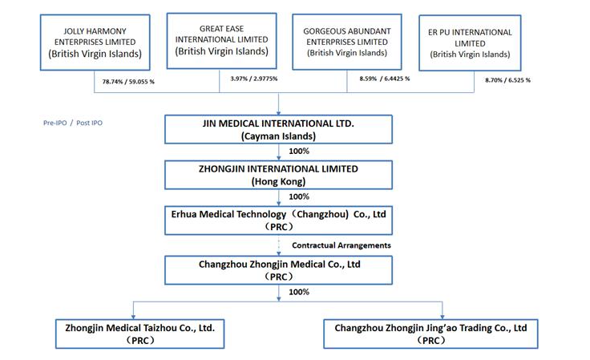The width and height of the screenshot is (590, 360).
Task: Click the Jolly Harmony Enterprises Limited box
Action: click(x=95, y=42)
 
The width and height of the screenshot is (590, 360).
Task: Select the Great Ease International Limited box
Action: click(x=221, y=41)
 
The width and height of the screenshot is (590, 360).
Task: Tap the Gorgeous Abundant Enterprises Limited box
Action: click(x=347, y=42)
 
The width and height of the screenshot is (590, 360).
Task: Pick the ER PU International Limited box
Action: click(x=470, y=42)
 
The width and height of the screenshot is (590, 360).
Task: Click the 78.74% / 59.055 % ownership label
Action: click(x=128, y=82)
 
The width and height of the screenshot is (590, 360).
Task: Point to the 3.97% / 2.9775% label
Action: click(x=254, y=79)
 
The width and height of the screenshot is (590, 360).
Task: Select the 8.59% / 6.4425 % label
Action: click(x=385, y=79)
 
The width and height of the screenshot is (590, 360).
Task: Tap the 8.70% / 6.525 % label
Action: click(x=507, y=80)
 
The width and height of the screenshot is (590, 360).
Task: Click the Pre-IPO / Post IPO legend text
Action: click(x=73, y=123)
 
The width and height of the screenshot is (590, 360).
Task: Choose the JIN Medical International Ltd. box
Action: click(x=278, y=129)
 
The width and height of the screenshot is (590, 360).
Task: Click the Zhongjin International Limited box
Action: click(x=278, y=175)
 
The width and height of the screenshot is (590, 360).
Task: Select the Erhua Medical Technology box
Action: click(x=278, y=220)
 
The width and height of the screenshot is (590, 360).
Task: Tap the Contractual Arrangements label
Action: click(x=341, y=245)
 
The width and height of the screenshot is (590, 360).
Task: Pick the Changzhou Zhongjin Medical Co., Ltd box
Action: click(x=278, y=270)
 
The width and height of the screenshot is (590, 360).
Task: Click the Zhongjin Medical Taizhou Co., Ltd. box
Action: click(x=140, y=334)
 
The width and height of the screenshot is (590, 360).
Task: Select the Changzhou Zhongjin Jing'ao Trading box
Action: click(x=430, y=334)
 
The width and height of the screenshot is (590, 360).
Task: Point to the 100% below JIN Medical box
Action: click(x=299, y=152)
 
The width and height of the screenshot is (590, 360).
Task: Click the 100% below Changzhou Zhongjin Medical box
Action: click(x=299, y=292)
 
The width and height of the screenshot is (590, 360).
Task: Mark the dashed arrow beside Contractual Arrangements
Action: click(x=279, y=245)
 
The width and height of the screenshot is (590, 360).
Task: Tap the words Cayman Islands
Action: click(x=278, y=136)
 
